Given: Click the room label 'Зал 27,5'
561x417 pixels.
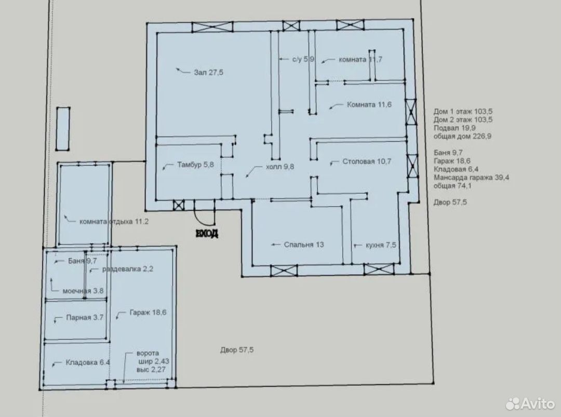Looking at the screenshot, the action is coord(209,72).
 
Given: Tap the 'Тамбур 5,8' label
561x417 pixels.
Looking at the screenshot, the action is coord(195,165).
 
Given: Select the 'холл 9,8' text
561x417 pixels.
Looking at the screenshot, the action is coord(280,167).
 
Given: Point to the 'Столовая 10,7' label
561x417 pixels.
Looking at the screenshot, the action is coord(367,162).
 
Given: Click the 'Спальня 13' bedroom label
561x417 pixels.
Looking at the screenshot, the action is coord(304,245).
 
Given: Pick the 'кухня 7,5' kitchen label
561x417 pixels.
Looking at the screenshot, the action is coord(381,245).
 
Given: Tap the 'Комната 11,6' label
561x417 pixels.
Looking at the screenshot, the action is coord(369,105).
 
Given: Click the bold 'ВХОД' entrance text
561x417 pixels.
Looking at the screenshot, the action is coord(207,234).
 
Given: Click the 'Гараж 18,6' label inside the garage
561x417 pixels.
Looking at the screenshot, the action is coord(148,312).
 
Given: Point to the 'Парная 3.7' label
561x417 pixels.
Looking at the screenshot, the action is coord(85,318).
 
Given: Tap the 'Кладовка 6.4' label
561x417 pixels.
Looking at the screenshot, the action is coord(88,362).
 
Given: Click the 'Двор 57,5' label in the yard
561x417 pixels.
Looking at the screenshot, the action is coord(237,350).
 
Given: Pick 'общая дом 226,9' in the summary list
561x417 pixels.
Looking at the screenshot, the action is coord(462,136).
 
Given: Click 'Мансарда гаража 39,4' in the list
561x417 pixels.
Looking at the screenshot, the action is coord(472,178).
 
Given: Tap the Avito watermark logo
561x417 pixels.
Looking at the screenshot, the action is coord(530,403).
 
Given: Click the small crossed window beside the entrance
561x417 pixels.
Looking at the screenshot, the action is coord(179,205).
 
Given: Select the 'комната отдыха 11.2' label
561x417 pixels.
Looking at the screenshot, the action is coord(114,222).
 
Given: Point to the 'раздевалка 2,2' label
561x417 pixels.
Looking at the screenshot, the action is coord(128,269).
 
